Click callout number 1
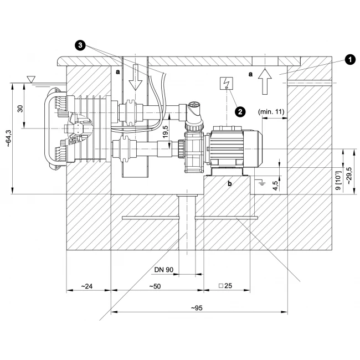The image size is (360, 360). pyautogui.click(x=349, y=60)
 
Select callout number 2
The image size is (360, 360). pyautogui.click(x=240, y=112)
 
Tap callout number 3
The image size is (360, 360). pyautogui.click(x=80, y=45)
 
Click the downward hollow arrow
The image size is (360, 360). pyautogui.click(x=136, y=77)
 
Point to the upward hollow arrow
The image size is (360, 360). pyautogui.click(x=265, y=81)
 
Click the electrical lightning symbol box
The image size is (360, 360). pyautogui.click(x=227, y=83)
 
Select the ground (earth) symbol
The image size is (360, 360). pyautogui.click(x=261, y=183)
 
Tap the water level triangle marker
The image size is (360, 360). pyautogui.click(x=31, y=79)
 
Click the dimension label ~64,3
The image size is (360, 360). pyautogui.click(x=8, y=138)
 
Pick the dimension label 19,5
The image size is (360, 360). pyautogui.click(x=166, y=132)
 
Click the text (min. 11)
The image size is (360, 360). pyautogui.click(x=271, y=112)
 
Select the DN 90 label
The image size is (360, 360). pyautogui.click(x=164, y=270)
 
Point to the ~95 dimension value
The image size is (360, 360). pyautogui.click(x=197, y=308)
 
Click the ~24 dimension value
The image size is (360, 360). pyautogui.click(x=86, y=286)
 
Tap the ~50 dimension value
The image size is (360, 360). pyautogui.click(x=155, y=286)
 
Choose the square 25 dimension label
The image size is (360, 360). pyautogui.click(x=225, y=286)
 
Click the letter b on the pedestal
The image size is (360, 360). pyautogui.click(x=230, y=183)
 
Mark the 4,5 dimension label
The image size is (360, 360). pyautogui.click(x=275, y=186)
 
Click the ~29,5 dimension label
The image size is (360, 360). pyautogui.click(x=349, y=176)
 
